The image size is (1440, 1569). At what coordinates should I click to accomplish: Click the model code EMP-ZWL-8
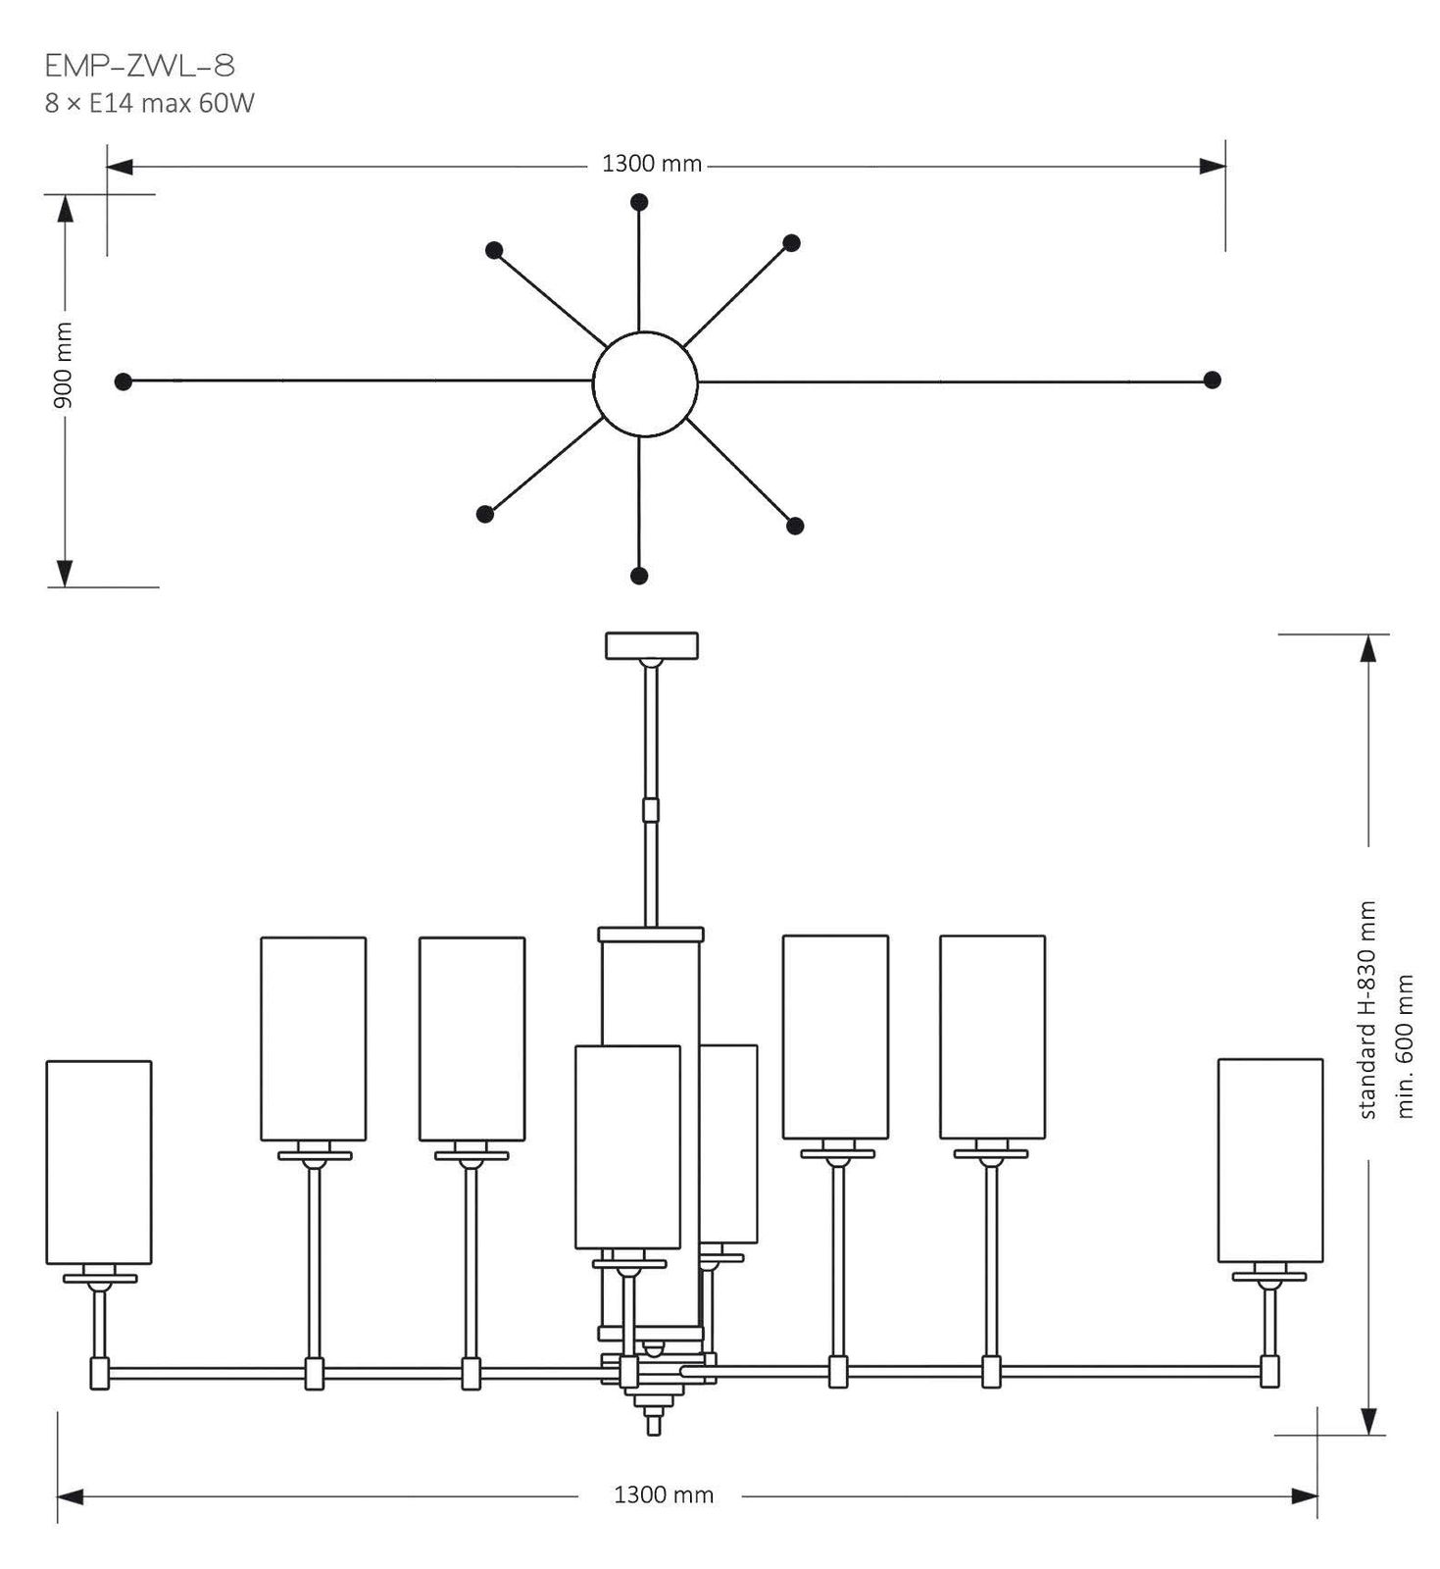tap(139, 67)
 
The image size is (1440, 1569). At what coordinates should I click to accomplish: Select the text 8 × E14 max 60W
tap(149, 103)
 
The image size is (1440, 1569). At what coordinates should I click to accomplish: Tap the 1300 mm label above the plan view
tap(652, 164)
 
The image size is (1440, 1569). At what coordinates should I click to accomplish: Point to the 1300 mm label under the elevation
tap(664, 1494)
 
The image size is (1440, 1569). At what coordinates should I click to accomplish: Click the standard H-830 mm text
tap(1368, 1010)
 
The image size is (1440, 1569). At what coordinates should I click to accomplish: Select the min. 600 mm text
tap(1406, 1045)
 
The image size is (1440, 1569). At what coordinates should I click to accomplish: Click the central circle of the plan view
tap(645, 382)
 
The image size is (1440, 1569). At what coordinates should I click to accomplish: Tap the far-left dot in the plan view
tap(123, 380)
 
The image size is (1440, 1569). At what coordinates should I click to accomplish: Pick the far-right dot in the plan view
tap(1212, 380)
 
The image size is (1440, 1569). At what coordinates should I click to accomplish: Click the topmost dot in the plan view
tap(639, 202)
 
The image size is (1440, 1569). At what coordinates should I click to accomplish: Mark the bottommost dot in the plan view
tap(639, 575)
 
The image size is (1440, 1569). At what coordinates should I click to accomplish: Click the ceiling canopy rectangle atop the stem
tap(652, 645)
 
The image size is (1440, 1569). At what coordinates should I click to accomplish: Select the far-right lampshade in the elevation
tap(1270, 1159)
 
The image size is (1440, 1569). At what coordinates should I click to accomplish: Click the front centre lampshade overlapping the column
tap(627, 1146)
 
